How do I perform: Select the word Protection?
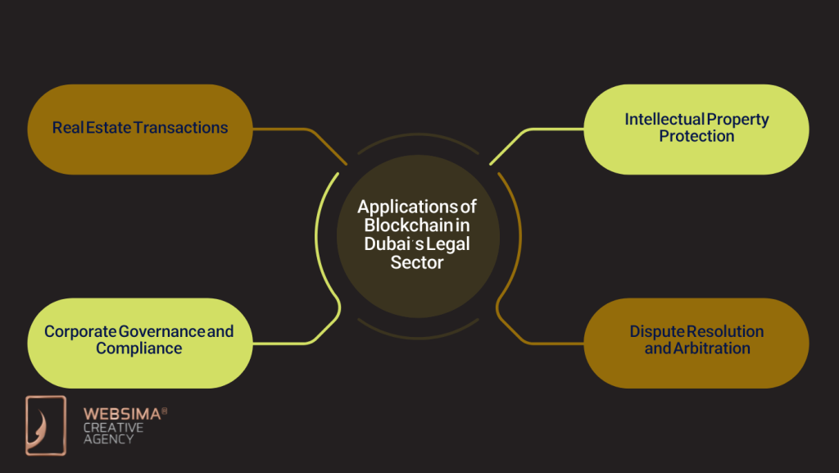click(x=696, y=136)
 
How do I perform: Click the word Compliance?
click(x=138, y=348)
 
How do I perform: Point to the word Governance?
click(x=161, y=332)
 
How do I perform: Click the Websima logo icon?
click(x=45, y=425)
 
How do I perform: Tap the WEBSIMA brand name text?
click(x=120, y=416)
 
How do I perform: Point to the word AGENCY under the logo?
click(x=108, y=439)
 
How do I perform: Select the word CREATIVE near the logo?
click(x=113, y=428)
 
